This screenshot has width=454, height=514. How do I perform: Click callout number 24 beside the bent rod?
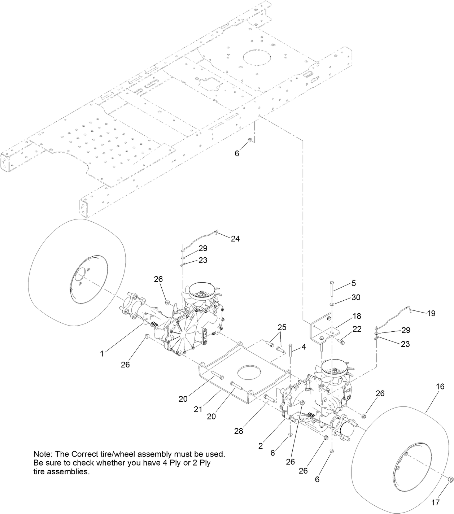235,239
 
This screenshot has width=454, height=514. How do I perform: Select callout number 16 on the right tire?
440,387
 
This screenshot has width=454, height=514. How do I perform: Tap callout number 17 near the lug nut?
436,502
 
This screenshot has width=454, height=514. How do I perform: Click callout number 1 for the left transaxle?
102,354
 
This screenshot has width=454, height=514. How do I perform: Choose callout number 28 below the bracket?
239,431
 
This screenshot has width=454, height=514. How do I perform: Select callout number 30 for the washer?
356,297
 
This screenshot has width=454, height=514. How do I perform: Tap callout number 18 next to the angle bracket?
357,316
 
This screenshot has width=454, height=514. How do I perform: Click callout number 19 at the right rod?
431,313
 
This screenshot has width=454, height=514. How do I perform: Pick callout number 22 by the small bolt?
357,329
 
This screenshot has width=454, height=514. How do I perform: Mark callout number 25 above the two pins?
282,327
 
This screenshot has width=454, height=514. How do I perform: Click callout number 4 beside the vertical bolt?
304,347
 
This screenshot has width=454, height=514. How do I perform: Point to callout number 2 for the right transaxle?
261,446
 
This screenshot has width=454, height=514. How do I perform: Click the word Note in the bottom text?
42,454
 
